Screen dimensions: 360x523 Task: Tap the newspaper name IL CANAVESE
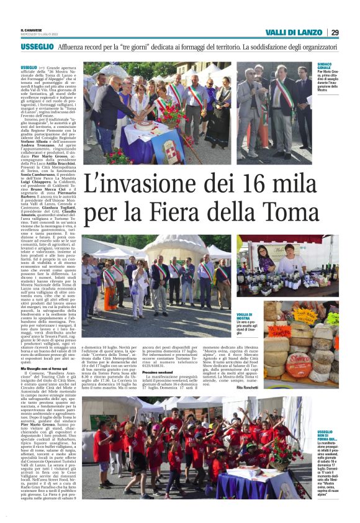pyautogui.click(x=31, y=29)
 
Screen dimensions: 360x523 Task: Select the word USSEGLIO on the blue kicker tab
pyautogui.click(x=37, y=47)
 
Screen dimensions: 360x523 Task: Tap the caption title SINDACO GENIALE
pyautogui.click(x=325, y=66)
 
